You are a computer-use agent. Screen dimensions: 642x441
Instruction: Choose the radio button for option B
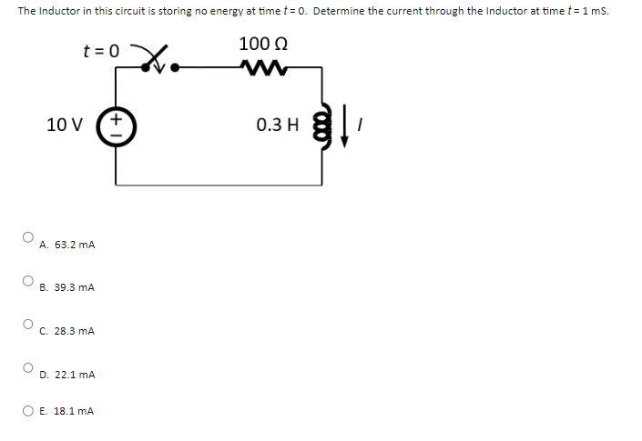(28, 280)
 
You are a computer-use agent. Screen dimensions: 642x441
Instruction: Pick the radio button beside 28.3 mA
(28, 324)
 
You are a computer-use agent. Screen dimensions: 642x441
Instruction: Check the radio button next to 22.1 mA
(28, 367)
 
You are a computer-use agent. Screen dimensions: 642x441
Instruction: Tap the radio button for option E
(28, 410)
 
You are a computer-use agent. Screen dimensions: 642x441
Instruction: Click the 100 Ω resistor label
(260, 44)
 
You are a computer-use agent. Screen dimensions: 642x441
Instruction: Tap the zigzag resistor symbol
(260, 67)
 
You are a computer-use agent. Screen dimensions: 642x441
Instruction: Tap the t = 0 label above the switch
(101, 51)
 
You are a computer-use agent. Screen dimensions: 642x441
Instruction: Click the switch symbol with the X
(157, 61)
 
